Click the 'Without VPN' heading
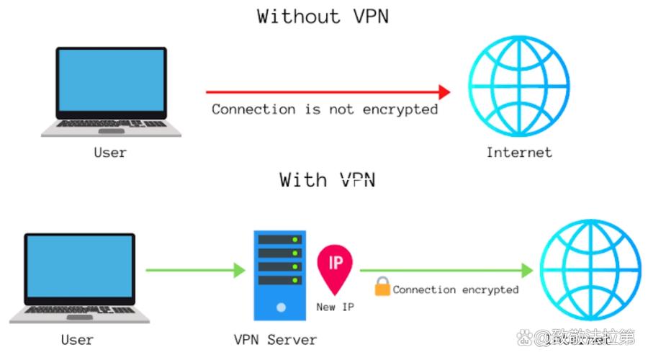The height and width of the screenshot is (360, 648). tap(323, 16)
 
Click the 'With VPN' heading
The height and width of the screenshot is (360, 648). tap(328, 179)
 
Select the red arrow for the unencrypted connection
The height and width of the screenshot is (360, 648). tap(328, 92)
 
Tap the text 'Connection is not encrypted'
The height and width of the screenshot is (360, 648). tap(325, 109)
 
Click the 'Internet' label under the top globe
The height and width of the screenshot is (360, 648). tap(519, 152)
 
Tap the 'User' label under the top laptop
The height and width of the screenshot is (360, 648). tap(109, 153)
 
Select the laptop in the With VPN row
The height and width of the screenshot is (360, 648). tap(79, 277)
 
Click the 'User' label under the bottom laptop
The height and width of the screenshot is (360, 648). tap(78, 338)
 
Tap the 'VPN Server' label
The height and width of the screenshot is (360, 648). tap(275, 339)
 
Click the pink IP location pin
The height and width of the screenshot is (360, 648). tap(336, 268)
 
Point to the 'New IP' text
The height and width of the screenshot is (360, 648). tap(336, 307)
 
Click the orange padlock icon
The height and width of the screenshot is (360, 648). tap(382, 288)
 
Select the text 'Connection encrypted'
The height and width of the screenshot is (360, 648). tap(455, 289)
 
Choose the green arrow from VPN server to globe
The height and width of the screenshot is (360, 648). tap(446, 271)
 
